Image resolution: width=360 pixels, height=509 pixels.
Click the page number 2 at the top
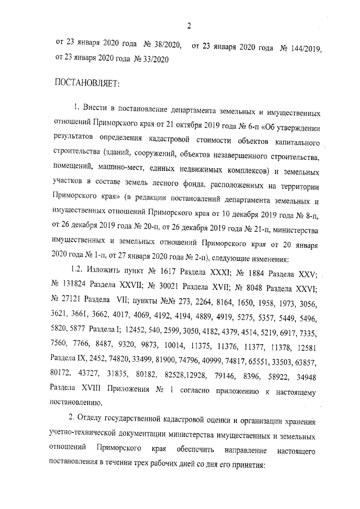pos(190,25)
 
